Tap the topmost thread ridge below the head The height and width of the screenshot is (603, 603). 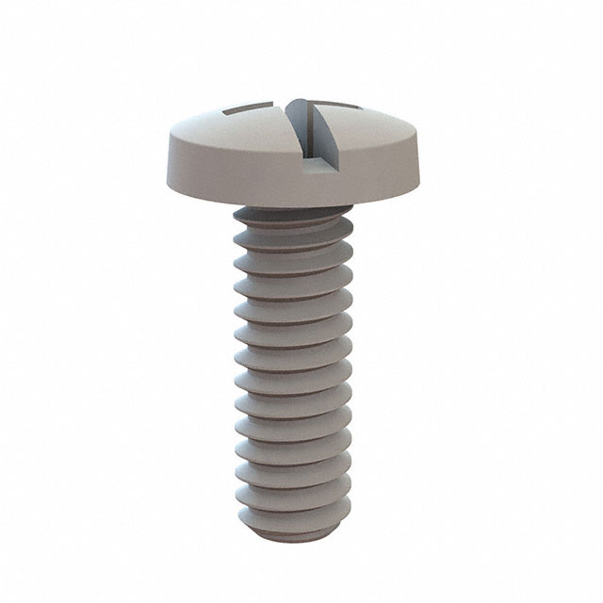[292, 226]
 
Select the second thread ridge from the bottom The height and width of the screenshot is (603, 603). [294, 490]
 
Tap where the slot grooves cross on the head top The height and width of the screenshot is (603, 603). [300, 106]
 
